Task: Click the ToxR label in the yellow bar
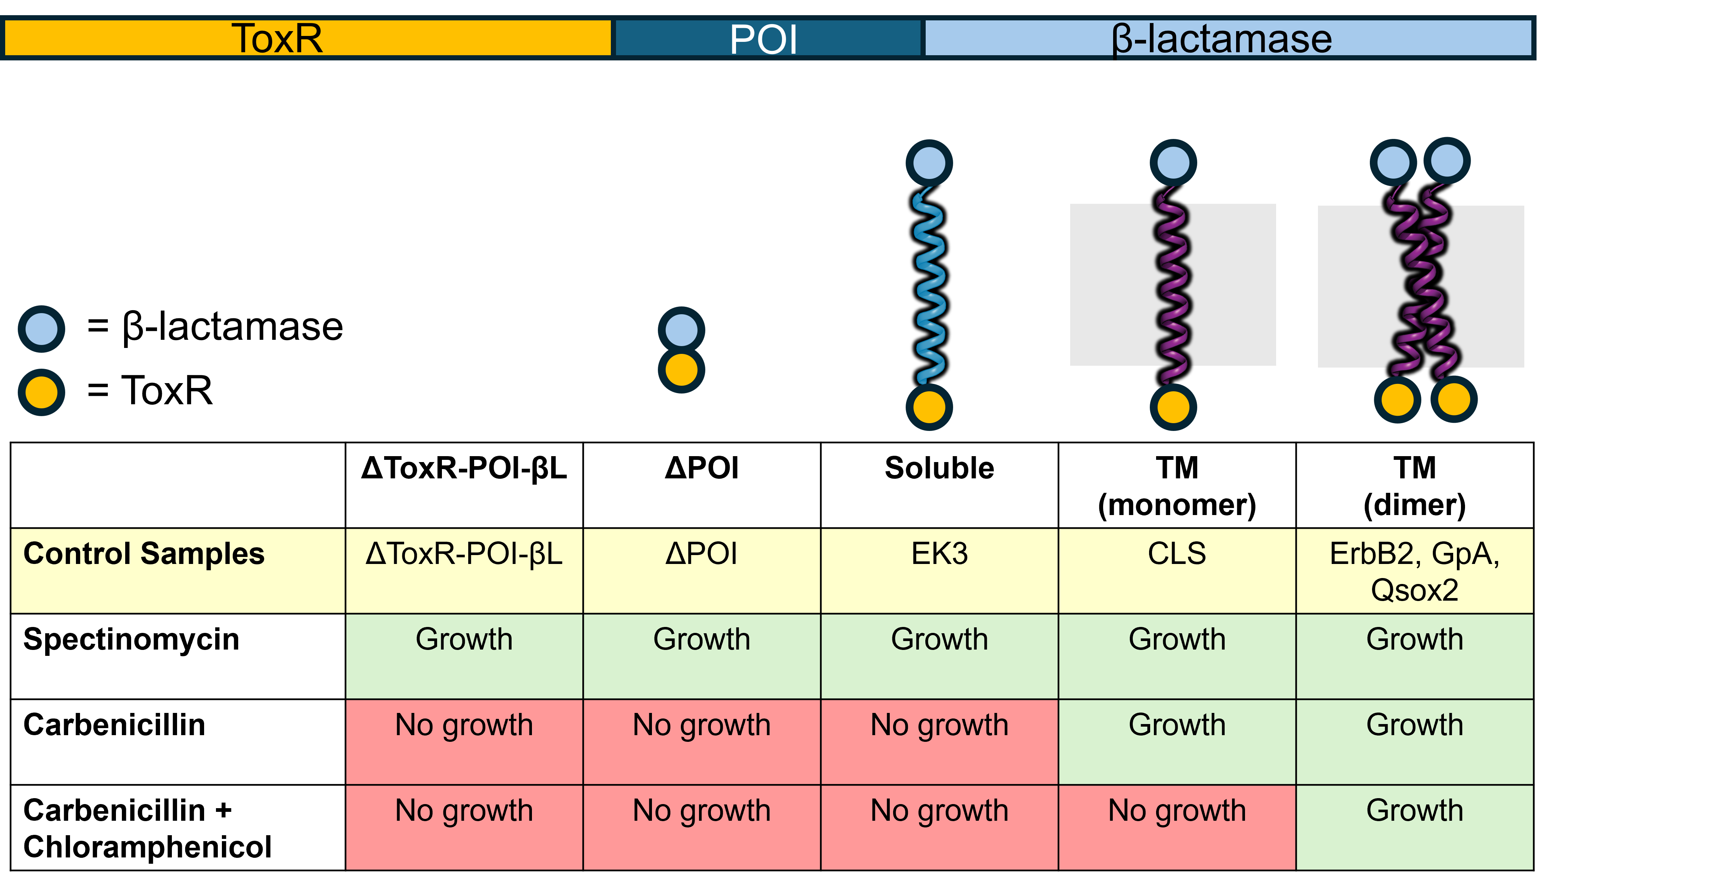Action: (x=277, y=38)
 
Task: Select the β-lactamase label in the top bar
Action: (x=1222, y=38)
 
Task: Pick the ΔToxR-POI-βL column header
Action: (x=464, y=554)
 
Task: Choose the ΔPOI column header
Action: (x=702, y=554)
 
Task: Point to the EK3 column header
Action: (x=939, y=554)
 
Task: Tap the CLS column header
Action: (x=1176, y=554)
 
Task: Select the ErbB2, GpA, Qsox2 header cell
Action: (x=1415, y=571)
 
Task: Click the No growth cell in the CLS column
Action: (x=1176, y=811)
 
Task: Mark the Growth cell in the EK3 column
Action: (x=939, y=640)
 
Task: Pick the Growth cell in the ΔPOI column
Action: (x=702, y=640)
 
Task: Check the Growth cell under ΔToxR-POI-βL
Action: (x=464, y=640)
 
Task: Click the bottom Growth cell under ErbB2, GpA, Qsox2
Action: (x=1415, y=811)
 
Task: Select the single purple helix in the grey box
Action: (x=1173, y=286)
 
